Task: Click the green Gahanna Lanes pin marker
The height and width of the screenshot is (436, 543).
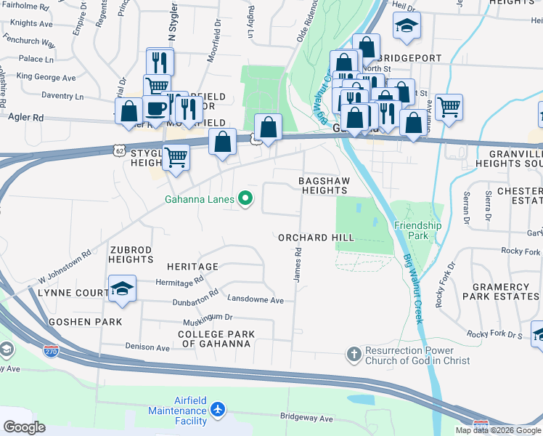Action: click(x=246, y=198)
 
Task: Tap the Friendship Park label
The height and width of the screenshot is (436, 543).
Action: click(x=417, y=230)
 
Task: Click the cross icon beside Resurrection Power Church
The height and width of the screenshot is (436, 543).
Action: click(x=354, y=355)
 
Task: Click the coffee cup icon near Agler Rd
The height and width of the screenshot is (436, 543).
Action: click(x=156, y=109)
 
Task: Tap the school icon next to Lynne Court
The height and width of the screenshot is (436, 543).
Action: click(x=122, y=288)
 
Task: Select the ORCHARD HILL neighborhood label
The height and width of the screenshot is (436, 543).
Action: click(x=316, y=238)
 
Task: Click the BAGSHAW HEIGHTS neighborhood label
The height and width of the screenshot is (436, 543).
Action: click(x=324, y=185)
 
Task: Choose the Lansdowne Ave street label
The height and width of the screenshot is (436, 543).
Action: click(x=255, y=299)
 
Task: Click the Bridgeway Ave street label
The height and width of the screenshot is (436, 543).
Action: click(x=306, y=419)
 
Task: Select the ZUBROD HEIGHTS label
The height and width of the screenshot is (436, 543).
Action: click(x=131, y=254)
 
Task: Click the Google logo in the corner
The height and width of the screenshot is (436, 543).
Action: click(x=25, y=427)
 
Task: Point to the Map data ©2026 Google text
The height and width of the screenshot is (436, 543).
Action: click(x=498, y=430)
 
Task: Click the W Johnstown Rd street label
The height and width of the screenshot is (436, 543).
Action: click(x=65, y=266)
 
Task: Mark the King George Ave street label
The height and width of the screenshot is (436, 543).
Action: click(x=46, y=77)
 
